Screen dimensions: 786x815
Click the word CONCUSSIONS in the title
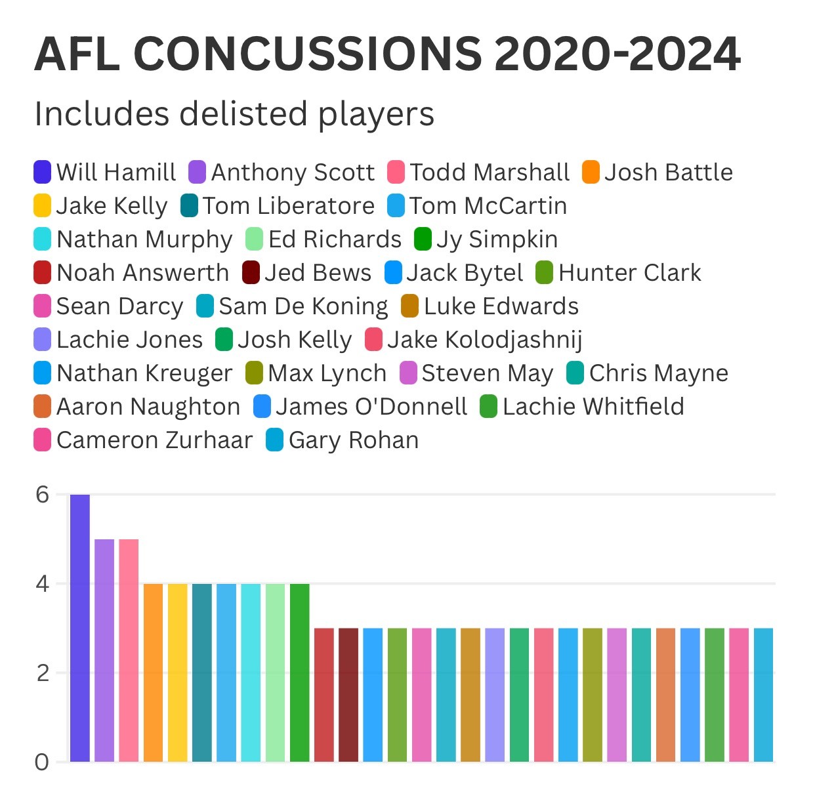tap(308, 54)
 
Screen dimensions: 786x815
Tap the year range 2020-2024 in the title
tap(617, 54)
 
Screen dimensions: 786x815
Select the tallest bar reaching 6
tap(80, 628)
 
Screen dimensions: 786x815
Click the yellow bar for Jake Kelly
tap(177, 672)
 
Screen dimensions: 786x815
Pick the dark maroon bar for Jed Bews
tap(348, 695)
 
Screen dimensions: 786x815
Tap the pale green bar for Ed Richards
tap(275, 672)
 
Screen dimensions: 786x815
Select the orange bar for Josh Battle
tap(153, 672)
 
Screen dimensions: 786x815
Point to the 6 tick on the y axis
tap(43, 495)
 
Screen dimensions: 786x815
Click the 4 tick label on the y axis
tap(43, 584)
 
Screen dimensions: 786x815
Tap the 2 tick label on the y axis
tap(43, 673)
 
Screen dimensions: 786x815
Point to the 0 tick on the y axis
tap(43, 762)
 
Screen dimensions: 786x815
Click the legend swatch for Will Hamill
tap(43, 172)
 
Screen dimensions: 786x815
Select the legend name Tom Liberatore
tap(288, 206)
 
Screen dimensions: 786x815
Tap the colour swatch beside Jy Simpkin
tap(423, 239)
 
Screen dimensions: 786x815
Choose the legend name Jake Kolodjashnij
tap(484, 340)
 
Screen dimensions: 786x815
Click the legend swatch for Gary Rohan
tap(274, 440)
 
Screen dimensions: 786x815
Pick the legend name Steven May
tap(487, 373)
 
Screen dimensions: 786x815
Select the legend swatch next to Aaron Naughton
tap(43, 407)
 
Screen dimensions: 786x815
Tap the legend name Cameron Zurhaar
tap(154, 440)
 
